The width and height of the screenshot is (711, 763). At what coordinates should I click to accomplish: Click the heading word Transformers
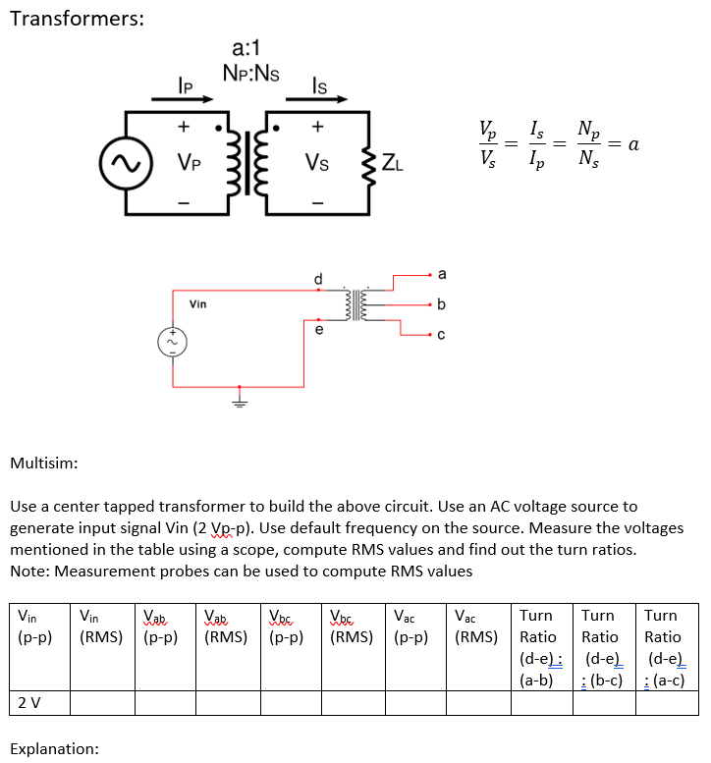pos(77,20)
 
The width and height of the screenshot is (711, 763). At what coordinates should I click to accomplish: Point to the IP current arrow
pos(184,96)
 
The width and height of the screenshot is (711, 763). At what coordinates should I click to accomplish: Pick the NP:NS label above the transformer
pos(251,71)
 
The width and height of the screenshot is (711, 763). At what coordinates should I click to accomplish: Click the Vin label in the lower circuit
pos(198,304)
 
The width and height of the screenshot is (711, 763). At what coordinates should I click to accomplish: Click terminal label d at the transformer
pos(317,278)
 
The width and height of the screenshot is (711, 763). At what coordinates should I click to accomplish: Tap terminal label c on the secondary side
pos(441,335)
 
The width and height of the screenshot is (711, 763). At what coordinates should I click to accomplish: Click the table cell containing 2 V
pos(38,702)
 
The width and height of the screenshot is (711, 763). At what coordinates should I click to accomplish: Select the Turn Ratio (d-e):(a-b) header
pos(539,647)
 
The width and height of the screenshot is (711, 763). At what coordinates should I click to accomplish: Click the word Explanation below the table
pos(54,748)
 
